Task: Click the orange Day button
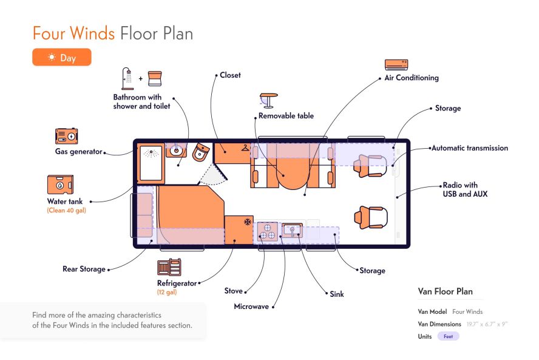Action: coord(62,57)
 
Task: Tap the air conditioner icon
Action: coord(396,64)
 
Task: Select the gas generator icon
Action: coord(66,136)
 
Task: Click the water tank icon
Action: coord(60,185)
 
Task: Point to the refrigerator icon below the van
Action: coord(169,267)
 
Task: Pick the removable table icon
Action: coord(268,100)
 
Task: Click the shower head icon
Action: coord(127,78)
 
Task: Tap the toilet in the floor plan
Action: coord(201,152)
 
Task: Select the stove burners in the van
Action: coord(268,231)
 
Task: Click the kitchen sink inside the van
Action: coord(292,230)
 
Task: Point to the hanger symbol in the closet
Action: coord(245,148)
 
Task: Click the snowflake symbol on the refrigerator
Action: coord(248,222)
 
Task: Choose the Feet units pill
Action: coord(448,336)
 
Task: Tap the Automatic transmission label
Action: coord(470,148)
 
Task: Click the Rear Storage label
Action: coord(84,269)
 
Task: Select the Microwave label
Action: coord(251,307)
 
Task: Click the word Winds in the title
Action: coord(92,33)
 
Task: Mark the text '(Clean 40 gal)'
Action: coord(66,211)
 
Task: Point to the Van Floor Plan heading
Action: coord(445,291)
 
